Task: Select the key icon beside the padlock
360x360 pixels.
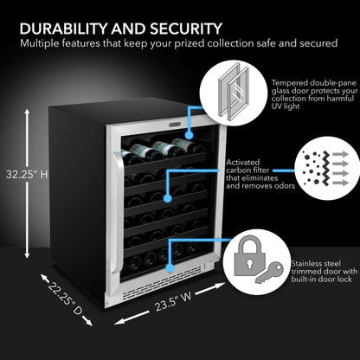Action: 280,269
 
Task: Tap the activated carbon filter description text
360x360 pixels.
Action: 257,173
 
